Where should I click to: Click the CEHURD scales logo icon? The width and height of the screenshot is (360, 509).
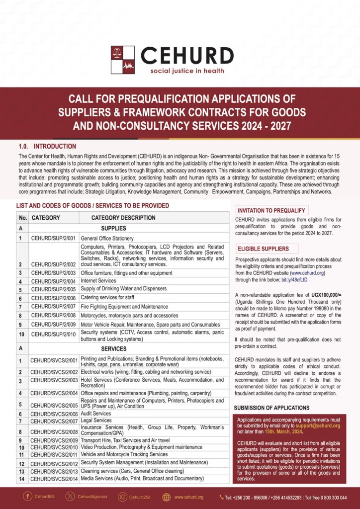click(x=123, y=59)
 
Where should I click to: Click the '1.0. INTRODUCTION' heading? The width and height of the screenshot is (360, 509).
click(x=47, y=147)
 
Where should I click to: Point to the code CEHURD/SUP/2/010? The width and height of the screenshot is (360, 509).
click(x=53, y=335)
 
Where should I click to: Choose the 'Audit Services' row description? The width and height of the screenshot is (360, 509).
click(x=95, y=414)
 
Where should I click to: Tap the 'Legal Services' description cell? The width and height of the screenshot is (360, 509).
click(x=96, y=421)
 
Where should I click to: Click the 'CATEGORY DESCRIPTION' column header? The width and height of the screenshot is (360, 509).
click(x=123, y=218)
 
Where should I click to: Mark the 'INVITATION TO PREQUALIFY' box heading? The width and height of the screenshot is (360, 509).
click(x=271, y=210)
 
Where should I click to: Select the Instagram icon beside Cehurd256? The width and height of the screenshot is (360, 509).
click(x=122, y=497)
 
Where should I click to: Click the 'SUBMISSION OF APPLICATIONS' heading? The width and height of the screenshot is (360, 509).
click(x=271, y=408)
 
